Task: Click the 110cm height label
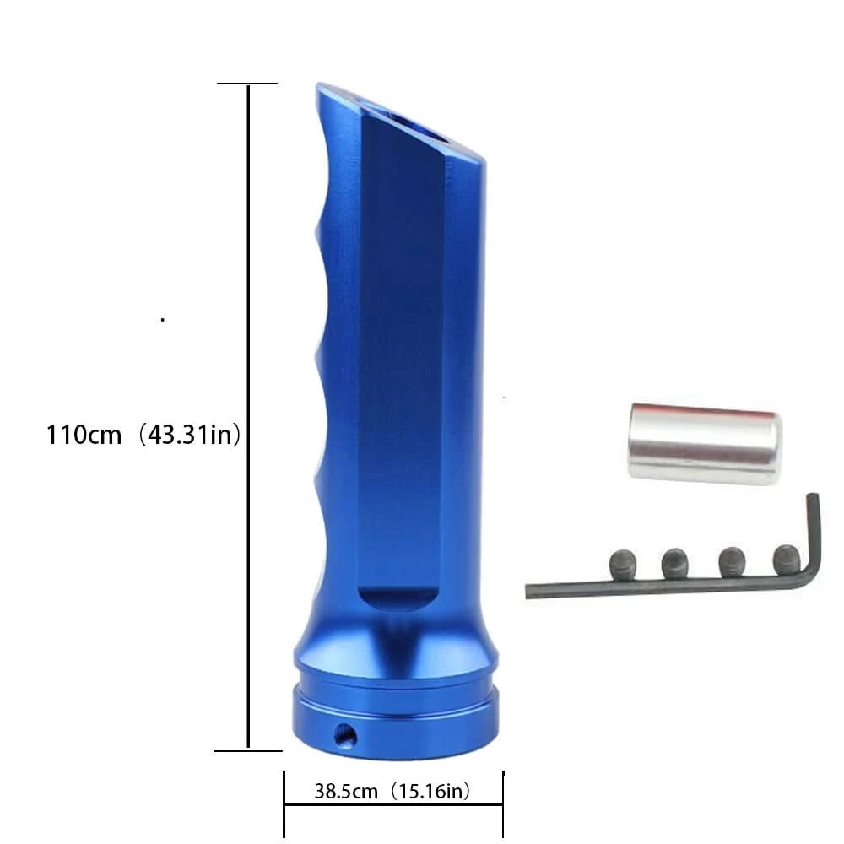(x=84, y=435)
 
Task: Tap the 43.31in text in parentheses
(x=189, y=435)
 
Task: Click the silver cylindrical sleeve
(x=705, y=444)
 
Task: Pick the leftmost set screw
(x=623, y=565)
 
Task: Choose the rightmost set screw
(x=787, y=560)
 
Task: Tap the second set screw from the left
(x=675, y=563)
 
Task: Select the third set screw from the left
(x=732, y=561)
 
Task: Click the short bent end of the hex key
(x=814, y=533)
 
